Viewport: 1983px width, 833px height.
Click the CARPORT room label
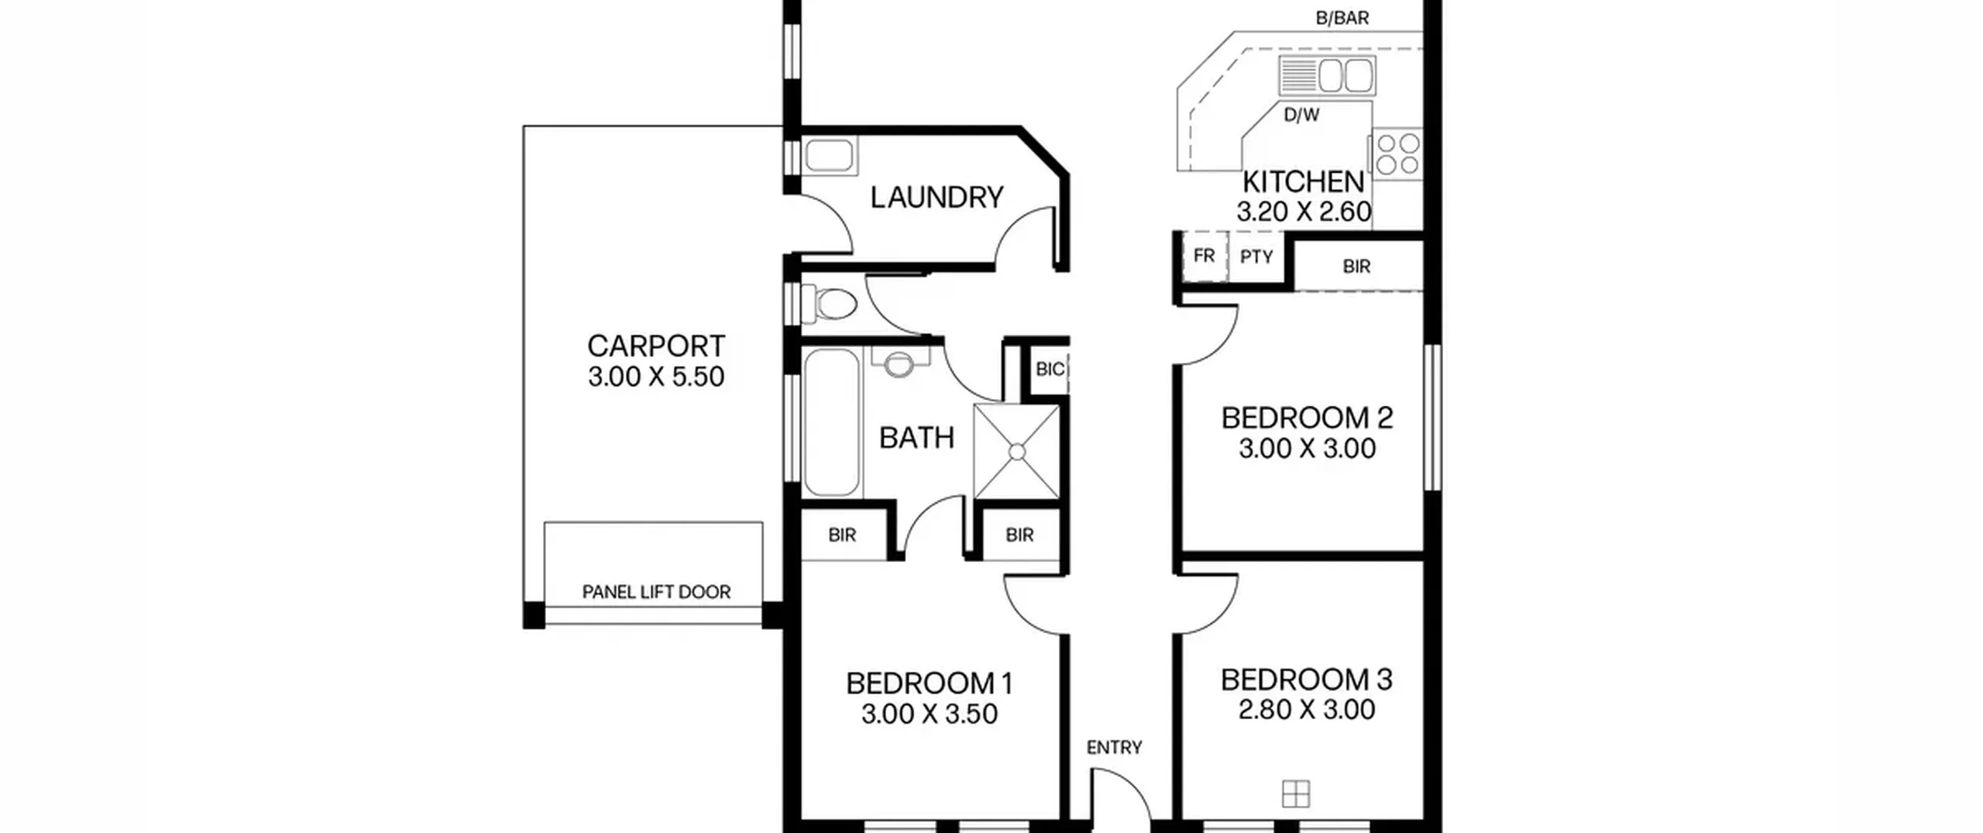656,346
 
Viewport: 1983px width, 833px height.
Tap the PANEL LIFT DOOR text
656,593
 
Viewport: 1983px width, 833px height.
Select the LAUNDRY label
937,198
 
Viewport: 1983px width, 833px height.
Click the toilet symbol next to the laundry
830,303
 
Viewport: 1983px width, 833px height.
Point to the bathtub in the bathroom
831,422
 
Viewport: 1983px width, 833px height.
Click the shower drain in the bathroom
1017,452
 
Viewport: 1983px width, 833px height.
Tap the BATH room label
916,439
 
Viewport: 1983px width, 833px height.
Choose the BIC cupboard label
1050,370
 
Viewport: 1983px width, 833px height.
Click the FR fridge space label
1204,256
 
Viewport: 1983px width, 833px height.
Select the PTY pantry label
1256,256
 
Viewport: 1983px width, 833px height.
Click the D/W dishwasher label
1301,115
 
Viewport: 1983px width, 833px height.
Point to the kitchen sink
1327,75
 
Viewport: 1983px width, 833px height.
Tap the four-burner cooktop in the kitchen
1398,154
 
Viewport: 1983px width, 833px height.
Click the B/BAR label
1342,19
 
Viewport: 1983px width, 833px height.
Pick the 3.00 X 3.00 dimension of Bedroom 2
1307,449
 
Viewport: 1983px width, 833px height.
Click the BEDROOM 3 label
1307,680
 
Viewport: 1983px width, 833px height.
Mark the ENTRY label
1114,748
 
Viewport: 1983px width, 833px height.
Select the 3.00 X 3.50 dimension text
929,714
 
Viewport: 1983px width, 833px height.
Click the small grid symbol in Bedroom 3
1296,793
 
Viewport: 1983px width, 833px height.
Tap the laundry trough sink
830,156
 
